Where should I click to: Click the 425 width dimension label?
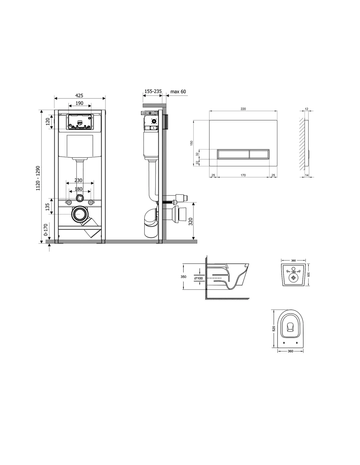79,95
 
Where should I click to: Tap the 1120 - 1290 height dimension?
38,178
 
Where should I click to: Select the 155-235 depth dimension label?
153,91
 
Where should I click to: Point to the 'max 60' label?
178,92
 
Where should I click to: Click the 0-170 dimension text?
45,230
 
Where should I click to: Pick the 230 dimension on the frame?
79,180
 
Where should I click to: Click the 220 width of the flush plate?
243,109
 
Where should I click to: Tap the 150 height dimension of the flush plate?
192,143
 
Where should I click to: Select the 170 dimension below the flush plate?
243,175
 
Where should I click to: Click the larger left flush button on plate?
233,154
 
